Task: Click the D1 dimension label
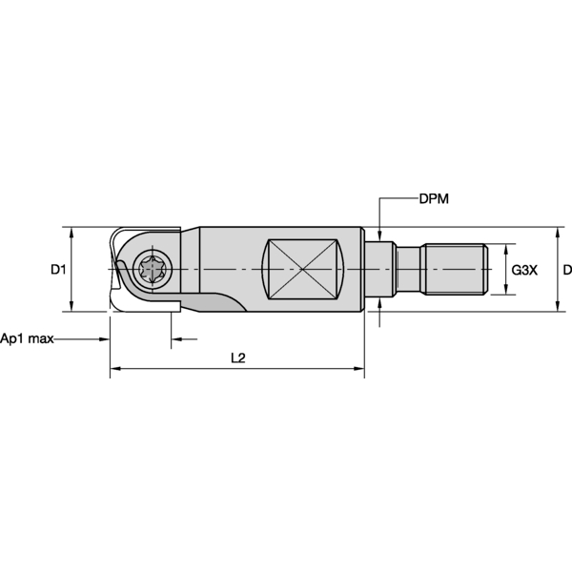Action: pyautogui.click(x=58, y=270)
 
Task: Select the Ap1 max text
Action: pyautogui.click(x=26, y=338)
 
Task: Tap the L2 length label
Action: pyautogui.click(x=238, y=357)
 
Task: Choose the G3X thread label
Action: pyautogui.click(x=524, y=270)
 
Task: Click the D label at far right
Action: pyautogui.click(x=567, y=270)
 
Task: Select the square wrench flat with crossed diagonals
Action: pyautogui.click(x=302, y=270)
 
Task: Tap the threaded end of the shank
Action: pyautogui.click(x=456, y=270)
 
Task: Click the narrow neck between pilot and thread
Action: pyautogui.click(x=409, y=270)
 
